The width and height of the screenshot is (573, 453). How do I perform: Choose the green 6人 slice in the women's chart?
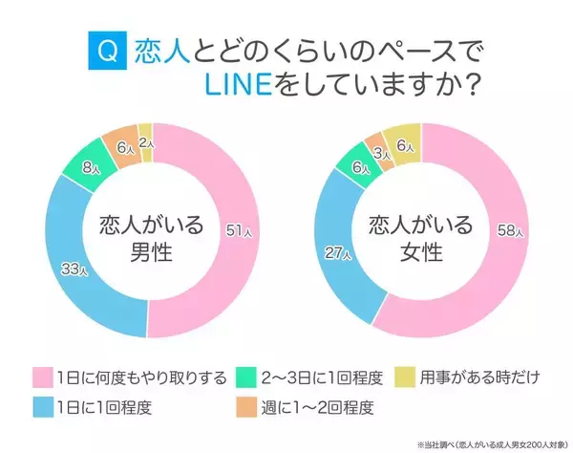[x=358, y=167]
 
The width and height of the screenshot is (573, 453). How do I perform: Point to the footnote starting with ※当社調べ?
[x=487, y=444]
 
